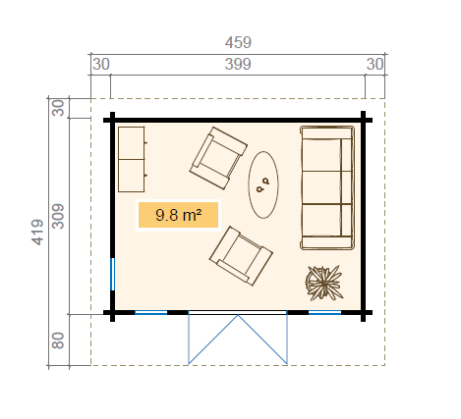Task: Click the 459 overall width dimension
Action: point(238,42)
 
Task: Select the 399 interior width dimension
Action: point(238,64)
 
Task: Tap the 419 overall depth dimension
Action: point(37,233)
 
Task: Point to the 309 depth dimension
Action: point(58,216)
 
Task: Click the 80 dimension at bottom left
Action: point(58,340)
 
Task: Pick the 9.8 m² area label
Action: point(178,215)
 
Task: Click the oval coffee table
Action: point(263,184)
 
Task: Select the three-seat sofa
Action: point(327,188)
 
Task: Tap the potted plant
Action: point(324,284)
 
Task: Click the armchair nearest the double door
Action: point(241,256)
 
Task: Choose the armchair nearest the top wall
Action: point(218,158)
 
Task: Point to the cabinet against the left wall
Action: point(132,159)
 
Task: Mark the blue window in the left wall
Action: point(113,274)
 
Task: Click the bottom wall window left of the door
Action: point(151,313)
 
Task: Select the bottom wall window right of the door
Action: point(324,313)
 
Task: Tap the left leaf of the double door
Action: point(213,340)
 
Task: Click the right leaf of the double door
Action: point(262,340)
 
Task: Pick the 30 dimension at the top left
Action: point(101,64)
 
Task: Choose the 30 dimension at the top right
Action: point(375,64)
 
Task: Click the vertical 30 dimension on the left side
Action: point(58,108)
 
